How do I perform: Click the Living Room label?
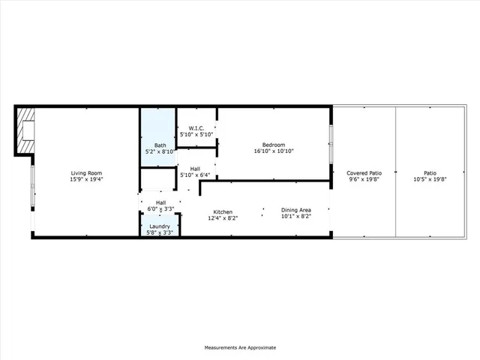(x=85, y=173)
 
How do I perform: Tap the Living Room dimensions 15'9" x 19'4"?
(x=85, y=180)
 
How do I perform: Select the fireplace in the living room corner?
(x=26, y=131)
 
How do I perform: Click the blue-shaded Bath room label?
(x=160, y=145)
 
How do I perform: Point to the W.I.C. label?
(x=197, y=127)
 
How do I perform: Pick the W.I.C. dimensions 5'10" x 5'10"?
(x=197, y=134)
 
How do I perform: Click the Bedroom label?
(x=273, y=144)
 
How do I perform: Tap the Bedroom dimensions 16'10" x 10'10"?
(x=273, y=151)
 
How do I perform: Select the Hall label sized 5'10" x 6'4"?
(x=195, y=169)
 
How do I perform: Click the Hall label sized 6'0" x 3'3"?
(x=160, y=202)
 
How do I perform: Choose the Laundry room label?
(x=160, y=226)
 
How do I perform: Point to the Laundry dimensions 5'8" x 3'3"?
(x=160, y=232)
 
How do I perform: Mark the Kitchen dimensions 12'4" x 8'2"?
(x=223, y=218)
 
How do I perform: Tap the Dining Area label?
(x=295, y=211)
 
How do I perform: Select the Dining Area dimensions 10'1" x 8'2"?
(x=295, y=218)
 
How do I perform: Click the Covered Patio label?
(x=364, y=173)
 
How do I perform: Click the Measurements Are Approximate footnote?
(x=240, y=347)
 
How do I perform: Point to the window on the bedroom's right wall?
(x=331, y=142)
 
